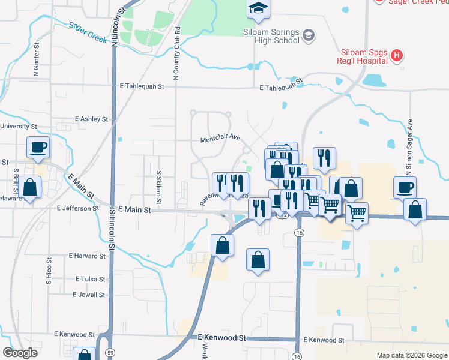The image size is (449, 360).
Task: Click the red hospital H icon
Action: [x=396, y=56]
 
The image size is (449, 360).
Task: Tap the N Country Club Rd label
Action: [x=177, y=53]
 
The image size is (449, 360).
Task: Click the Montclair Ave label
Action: [x=220, y=140]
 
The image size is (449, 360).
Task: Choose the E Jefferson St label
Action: [x=77, y=208]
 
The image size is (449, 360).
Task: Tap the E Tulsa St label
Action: [x=91, y=280]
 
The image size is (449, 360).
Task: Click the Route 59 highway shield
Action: [x=113, y=352]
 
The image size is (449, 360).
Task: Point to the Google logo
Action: [x=20, y=353]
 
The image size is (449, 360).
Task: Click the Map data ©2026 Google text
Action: [x=411, y=355]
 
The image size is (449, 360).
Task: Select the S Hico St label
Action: [x=49, y=271]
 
